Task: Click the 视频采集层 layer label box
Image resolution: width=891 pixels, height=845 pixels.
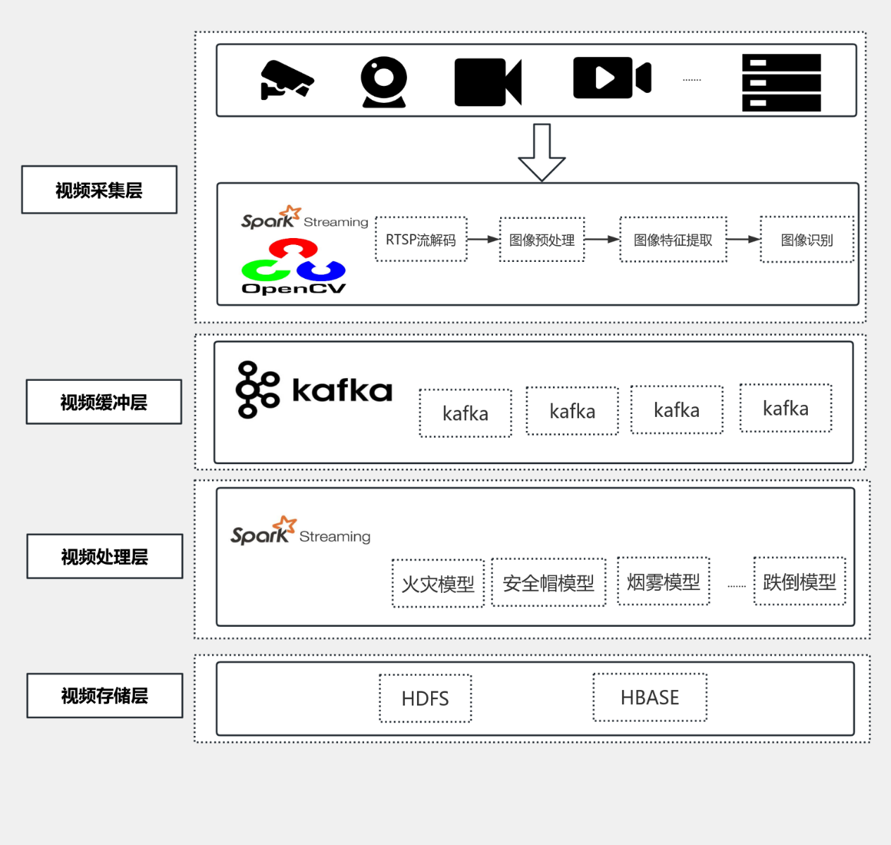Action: (x=99, y=190)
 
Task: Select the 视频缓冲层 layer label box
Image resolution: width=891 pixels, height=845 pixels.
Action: (x=104, y=402)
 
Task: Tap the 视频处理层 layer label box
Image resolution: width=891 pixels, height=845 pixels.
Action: (x=104, y=556)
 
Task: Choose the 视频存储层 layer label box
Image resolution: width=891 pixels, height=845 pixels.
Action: (x=104, y=696)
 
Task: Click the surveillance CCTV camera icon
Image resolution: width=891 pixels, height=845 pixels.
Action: (x=286, y=80)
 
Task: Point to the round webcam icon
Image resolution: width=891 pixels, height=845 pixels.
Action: (x=384, y=82)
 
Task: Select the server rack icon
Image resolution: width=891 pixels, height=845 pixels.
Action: (x=781, y=82)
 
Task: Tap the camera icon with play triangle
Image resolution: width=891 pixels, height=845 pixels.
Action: (x=611, y=78)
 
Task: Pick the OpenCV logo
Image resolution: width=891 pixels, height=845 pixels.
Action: (x=293, y=268)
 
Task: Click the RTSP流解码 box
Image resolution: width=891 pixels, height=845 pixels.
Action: (x=421, y=240)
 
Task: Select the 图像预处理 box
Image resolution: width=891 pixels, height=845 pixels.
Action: (x=542, y=240)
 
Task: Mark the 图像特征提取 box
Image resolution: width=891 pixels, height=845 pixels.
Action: (x=673, y=240)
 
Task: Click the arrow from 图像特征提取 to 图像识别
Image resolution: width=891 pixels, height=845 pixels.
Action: (x=743, y=239)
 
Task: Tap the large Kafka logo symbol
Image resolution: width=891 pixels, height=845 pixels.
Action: (x=257, y=389)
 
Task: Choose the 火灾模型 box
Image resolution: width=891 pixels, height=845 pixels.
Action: (x=438, y=584)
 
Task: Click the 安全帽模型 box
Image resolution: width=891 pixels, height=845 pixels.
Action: (x=548, y=583)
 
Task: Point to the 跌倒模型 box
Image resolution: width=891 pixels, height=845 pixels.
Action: (x=799, y=582)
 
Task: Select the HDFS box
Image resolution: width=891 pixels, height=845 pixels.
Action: (x=425, y=699)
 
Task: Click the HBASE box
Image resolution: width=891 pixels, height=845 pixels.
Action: (x=649, y=697)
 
